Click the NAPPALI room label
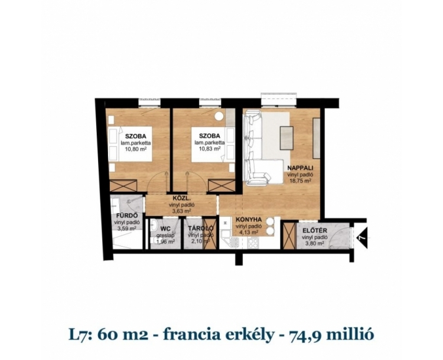tap(301, 168)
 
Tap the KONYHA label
tap(249, 220)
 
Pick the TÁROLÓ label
tap(200, 229)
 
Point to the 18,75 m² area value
tap(301, 181)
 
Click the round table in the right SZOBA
tap(219, 116)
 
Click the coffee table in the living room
tap(286, 138)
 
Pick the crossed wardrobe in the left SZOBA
tap(123, 185)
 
